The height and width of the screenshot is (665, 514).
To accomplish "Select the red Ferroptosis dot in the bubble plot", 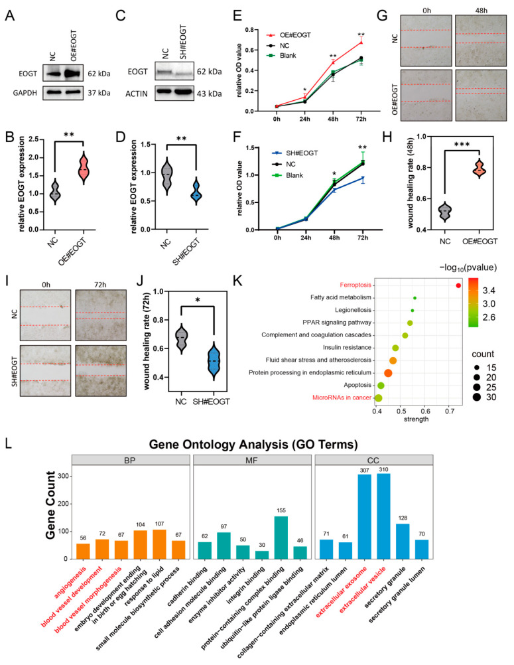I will tap(458, 285).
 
